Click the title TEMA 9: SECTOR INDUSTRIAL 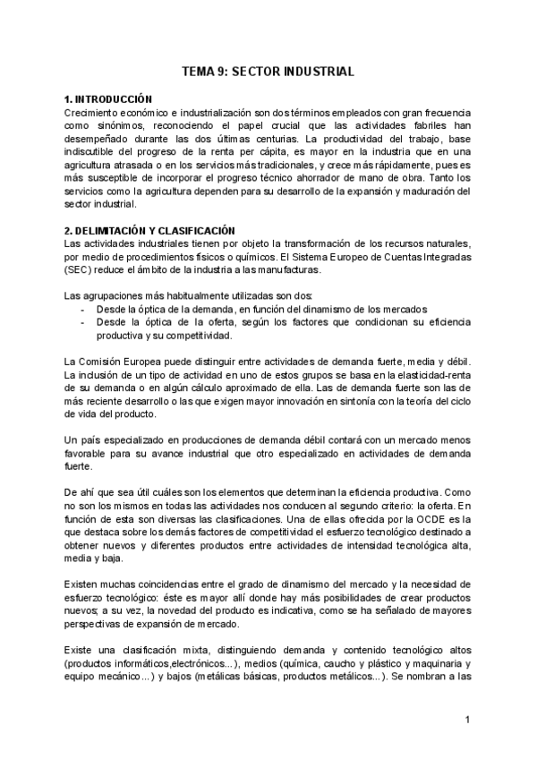268,71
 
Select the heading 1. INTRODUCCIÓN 108,98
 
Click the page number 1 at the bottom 467,720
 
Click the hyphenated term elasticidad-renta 430,375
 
